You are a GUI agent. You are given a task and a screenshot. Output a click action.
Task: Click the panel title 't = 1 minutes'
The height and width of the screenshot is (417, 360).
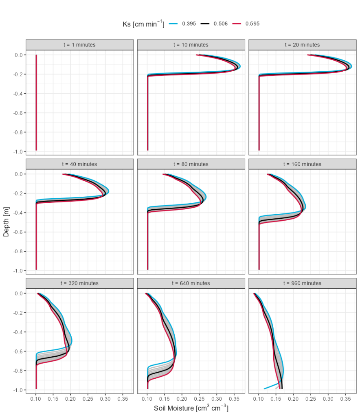[79, 45]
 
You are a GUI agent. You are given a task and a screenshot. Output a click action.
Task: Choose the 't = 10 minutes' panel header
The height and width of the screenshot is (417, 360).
[191, 45]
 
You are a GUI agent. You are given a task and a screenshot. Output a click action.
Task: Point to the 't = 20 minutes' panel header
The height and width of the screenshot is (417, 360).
[303, 45]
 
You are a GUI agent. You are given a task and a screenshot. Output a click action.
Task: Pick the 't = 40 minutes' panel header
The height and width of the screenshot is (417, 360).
[79, 164]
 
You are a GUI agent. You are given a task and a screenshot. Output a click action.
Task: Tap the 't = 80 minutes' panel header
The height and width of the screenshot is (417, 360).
[191, 164]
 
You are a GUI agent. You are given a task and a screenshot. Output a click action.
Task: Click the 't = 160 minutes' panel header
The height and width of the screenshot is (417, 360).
[303, 164]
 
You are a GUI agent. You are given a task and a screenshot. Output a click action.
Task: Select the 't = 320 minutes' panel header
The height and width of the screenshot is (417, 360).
[79, 283]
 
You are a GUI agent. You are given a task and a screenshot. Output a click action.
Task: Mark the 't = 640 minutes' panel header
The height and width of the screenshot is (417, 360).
[191, 283]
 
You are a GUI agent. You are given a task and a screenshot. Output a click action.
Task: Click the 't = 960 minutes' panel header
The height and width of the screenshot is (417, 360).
[303, 283]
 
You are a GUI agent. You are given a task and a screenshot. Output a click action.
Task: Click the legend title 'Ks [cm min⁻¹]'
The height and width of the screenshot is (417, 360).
[143, 24]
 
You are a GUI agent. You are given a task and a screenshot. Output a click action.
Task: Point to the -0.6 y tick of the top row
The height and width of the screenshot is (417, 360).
[18, 113]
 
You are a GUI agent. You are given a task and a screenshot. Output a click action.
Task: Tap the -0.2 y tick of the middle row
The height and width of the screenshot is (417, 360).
[18, 193]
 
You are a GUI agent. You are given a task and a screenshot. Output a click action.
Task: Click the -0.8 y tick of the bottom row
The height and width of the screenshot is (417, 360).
[18, 371]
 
